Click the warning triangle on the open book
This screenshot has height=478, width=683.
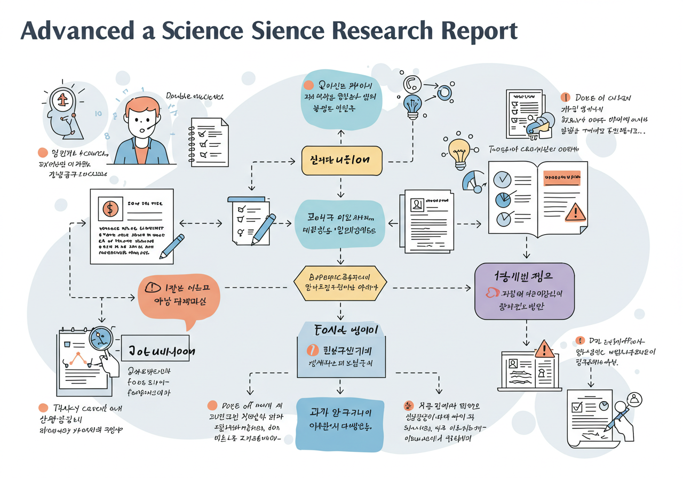575,213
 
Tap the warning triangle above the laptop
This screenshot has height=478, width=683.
544,349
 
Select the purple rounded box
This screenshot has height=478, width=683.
524,291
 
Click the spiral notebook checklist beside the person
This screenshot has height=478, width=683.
209,144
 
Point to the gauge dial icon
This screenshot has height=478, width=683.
472,182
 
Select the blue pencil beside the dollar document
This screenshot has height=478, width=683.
172,245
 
